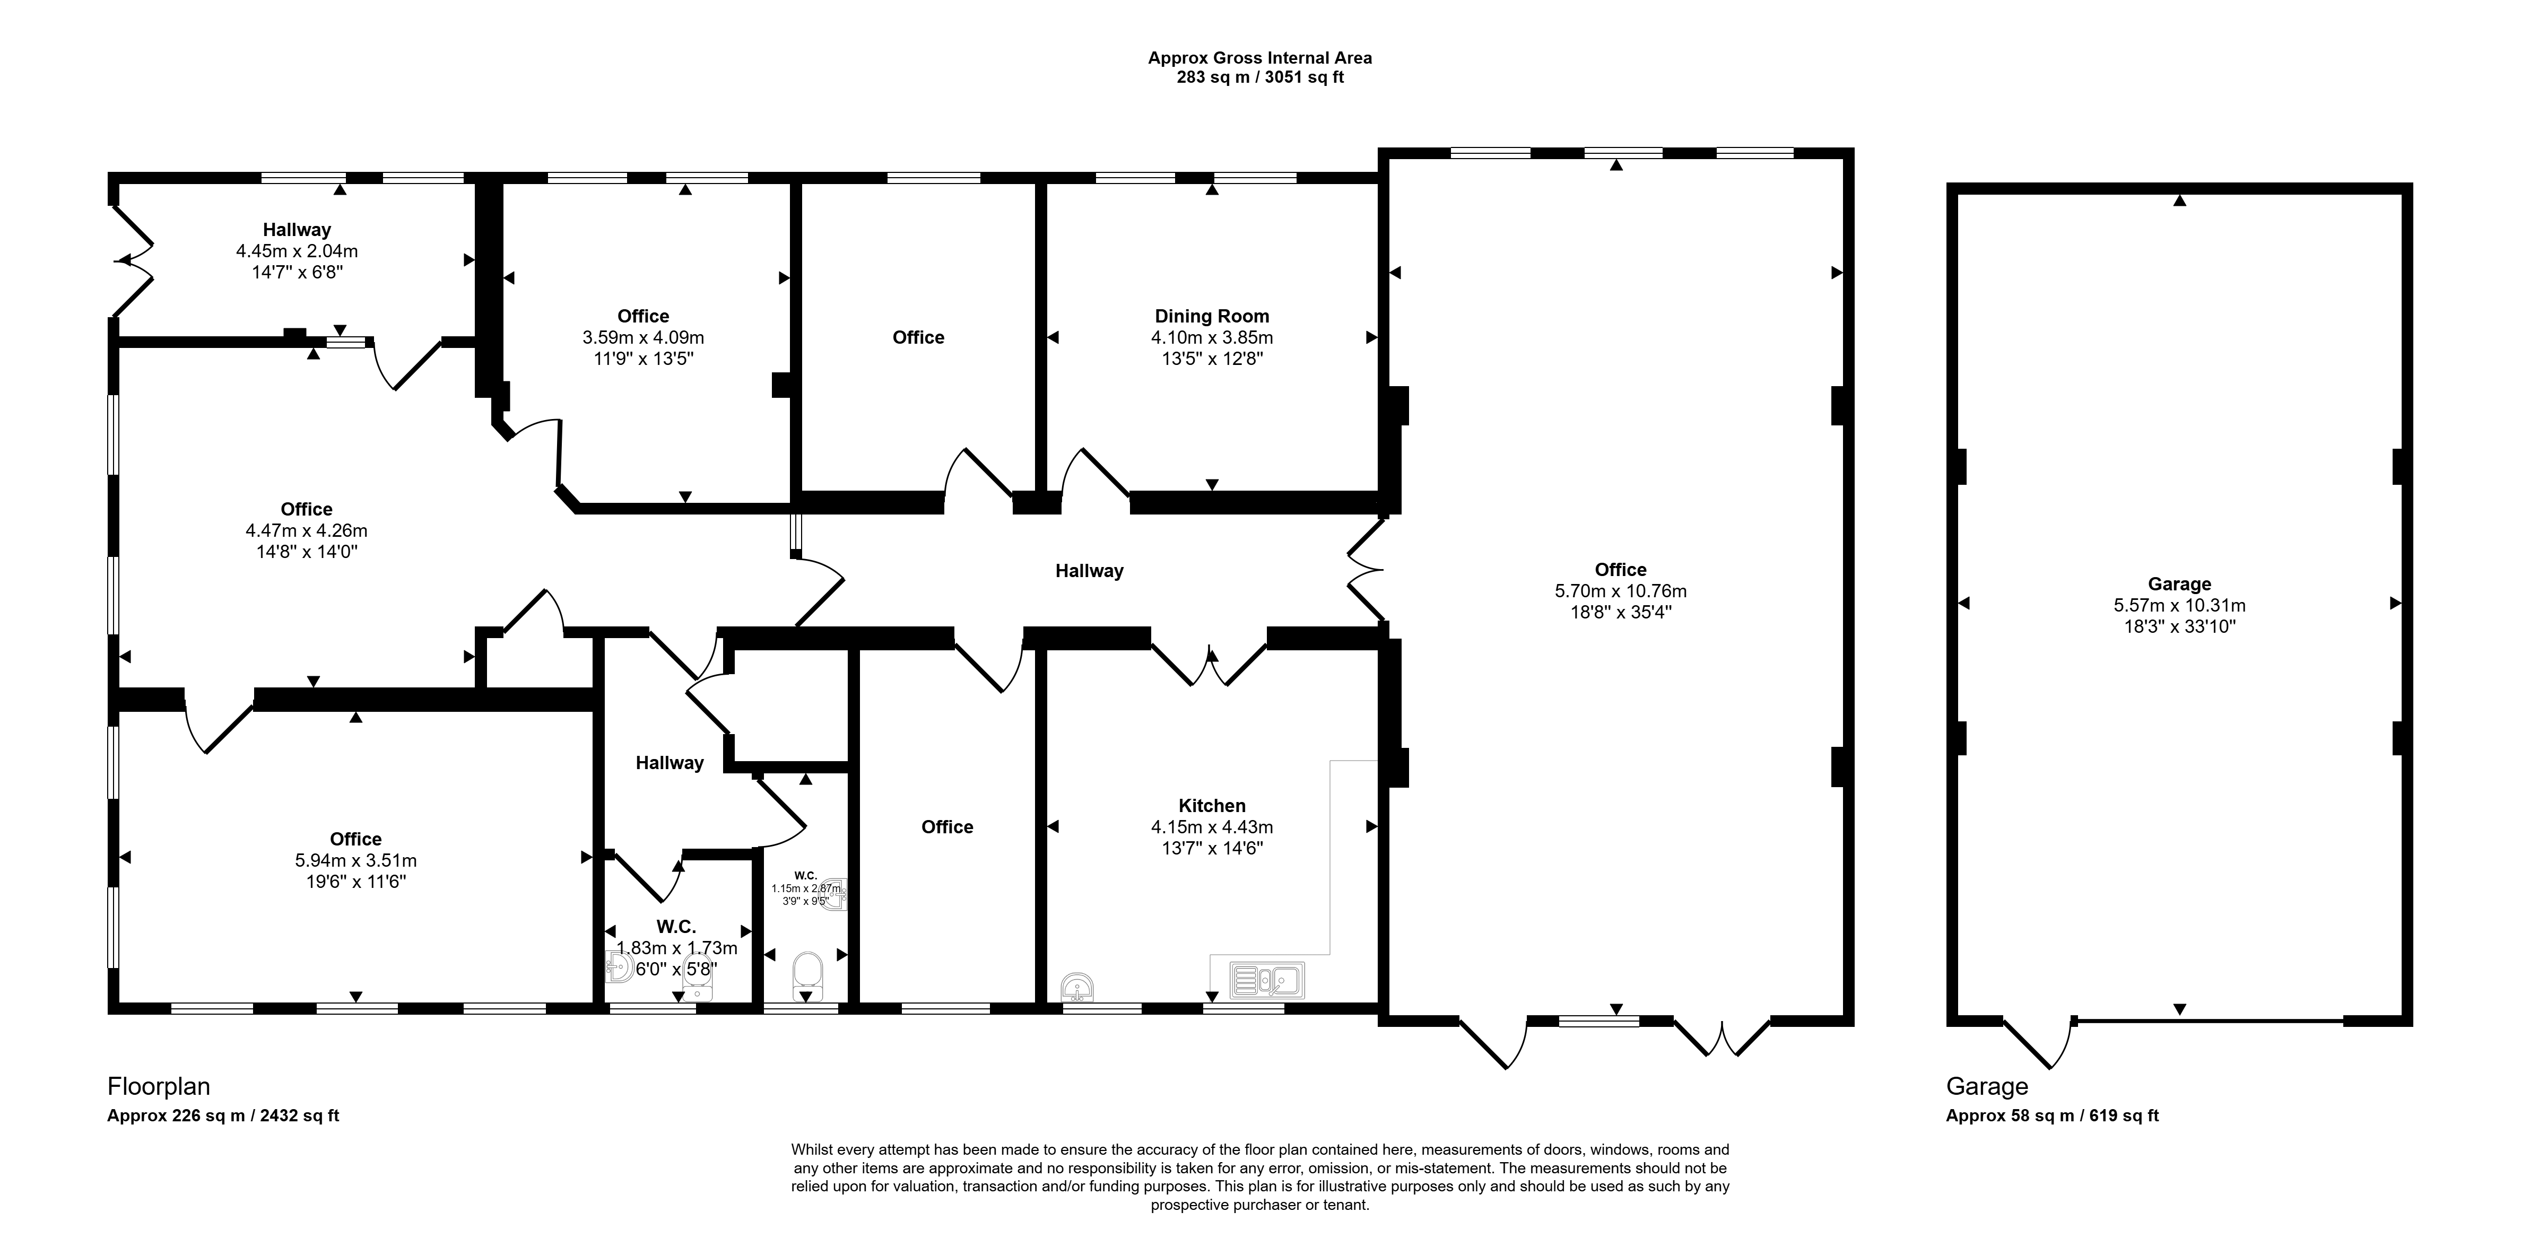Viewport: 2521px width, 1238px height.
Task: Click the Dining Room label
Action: (1212, 316)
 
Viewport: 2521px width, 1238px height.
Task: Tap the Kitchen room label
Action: (1212, 805)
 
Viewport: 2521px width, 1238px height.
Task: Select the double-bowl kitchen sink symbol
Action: (1267, 980)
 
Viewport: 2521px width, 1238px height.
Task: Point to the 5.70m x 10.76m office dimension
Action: (1621, 591)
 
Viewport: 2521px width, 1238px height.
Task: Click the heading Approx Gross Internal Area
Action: (1259, 58)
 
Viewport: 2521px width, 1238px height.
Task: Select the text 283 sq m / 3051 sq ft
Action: (1259, 77)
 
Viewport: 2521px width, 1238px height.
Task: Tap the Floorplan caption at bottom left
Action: (159, 1086)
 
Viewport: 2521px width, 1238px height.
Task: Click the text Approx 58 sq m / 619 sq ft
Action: (2052, 1115)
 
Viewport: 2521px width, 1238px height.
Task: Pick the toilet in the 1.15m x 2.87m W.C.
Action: (807, 972)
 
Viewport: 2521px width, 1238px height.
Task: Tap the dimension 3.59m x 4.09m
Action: (643, 338)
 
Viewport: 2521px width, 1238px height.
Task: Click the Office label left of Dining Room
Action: (918, 338)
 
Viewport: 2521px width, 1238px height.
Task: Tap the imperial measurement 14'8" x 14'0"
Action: (306, 552)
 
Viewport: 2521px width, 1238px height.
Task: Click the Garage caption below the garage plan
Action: (1987, 1086)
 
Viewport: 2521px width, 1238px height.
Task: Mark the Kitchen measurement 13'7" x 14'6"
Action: (1212, 849)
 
